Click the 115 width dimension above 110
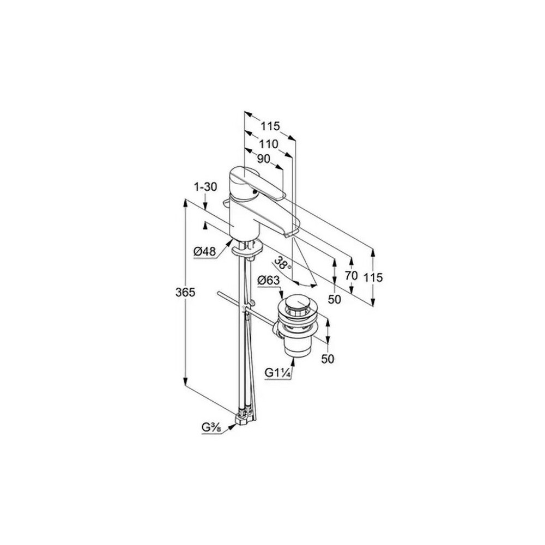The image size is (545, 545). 269,126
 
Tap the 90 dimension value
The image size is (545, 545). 263,159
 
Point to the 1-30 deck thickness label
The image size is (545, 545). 205,186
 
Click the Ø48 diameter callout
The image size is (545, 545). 205,251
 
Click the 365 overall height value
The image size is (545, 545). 186,293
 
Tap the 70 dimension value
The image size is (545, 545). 351,276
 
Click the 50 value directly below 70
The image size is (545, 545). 335,299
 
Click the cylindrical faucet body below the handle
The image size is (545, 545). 240,223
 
